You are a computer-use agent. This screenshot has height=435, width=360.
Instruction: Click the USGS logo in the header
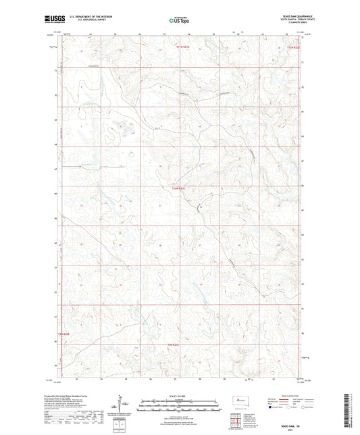click(55, 20)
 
